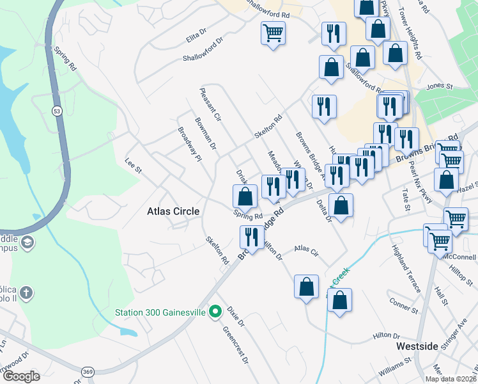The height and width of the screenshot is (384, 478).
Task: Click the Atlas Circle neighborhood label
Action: (x=173, y=211)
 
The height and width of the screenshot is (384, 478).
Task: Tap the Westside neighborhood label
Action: (x=417, y=346)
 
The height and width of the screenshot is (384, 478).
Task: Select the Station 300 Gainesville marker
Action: (x=216, y=312)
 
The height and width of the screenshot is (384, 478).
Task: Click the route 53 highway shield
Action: (x=57, y=111)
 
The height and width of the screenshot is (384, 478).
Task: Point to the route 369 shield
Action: (x=88, y=371)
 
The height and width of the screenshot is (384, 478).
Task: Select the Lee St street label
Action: (x=133, y=165)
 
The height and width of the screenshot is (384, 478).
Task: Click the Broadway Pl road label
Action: (x=190, y=144)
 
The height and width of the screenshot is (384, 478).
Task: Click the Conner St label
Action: (x=403, y=306)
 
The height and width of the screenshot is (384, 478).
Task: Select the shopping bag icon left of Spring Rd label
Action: (x=244, y=196)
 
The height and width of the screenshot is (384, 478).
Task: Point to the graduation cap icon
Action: (x=27, y=243)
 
